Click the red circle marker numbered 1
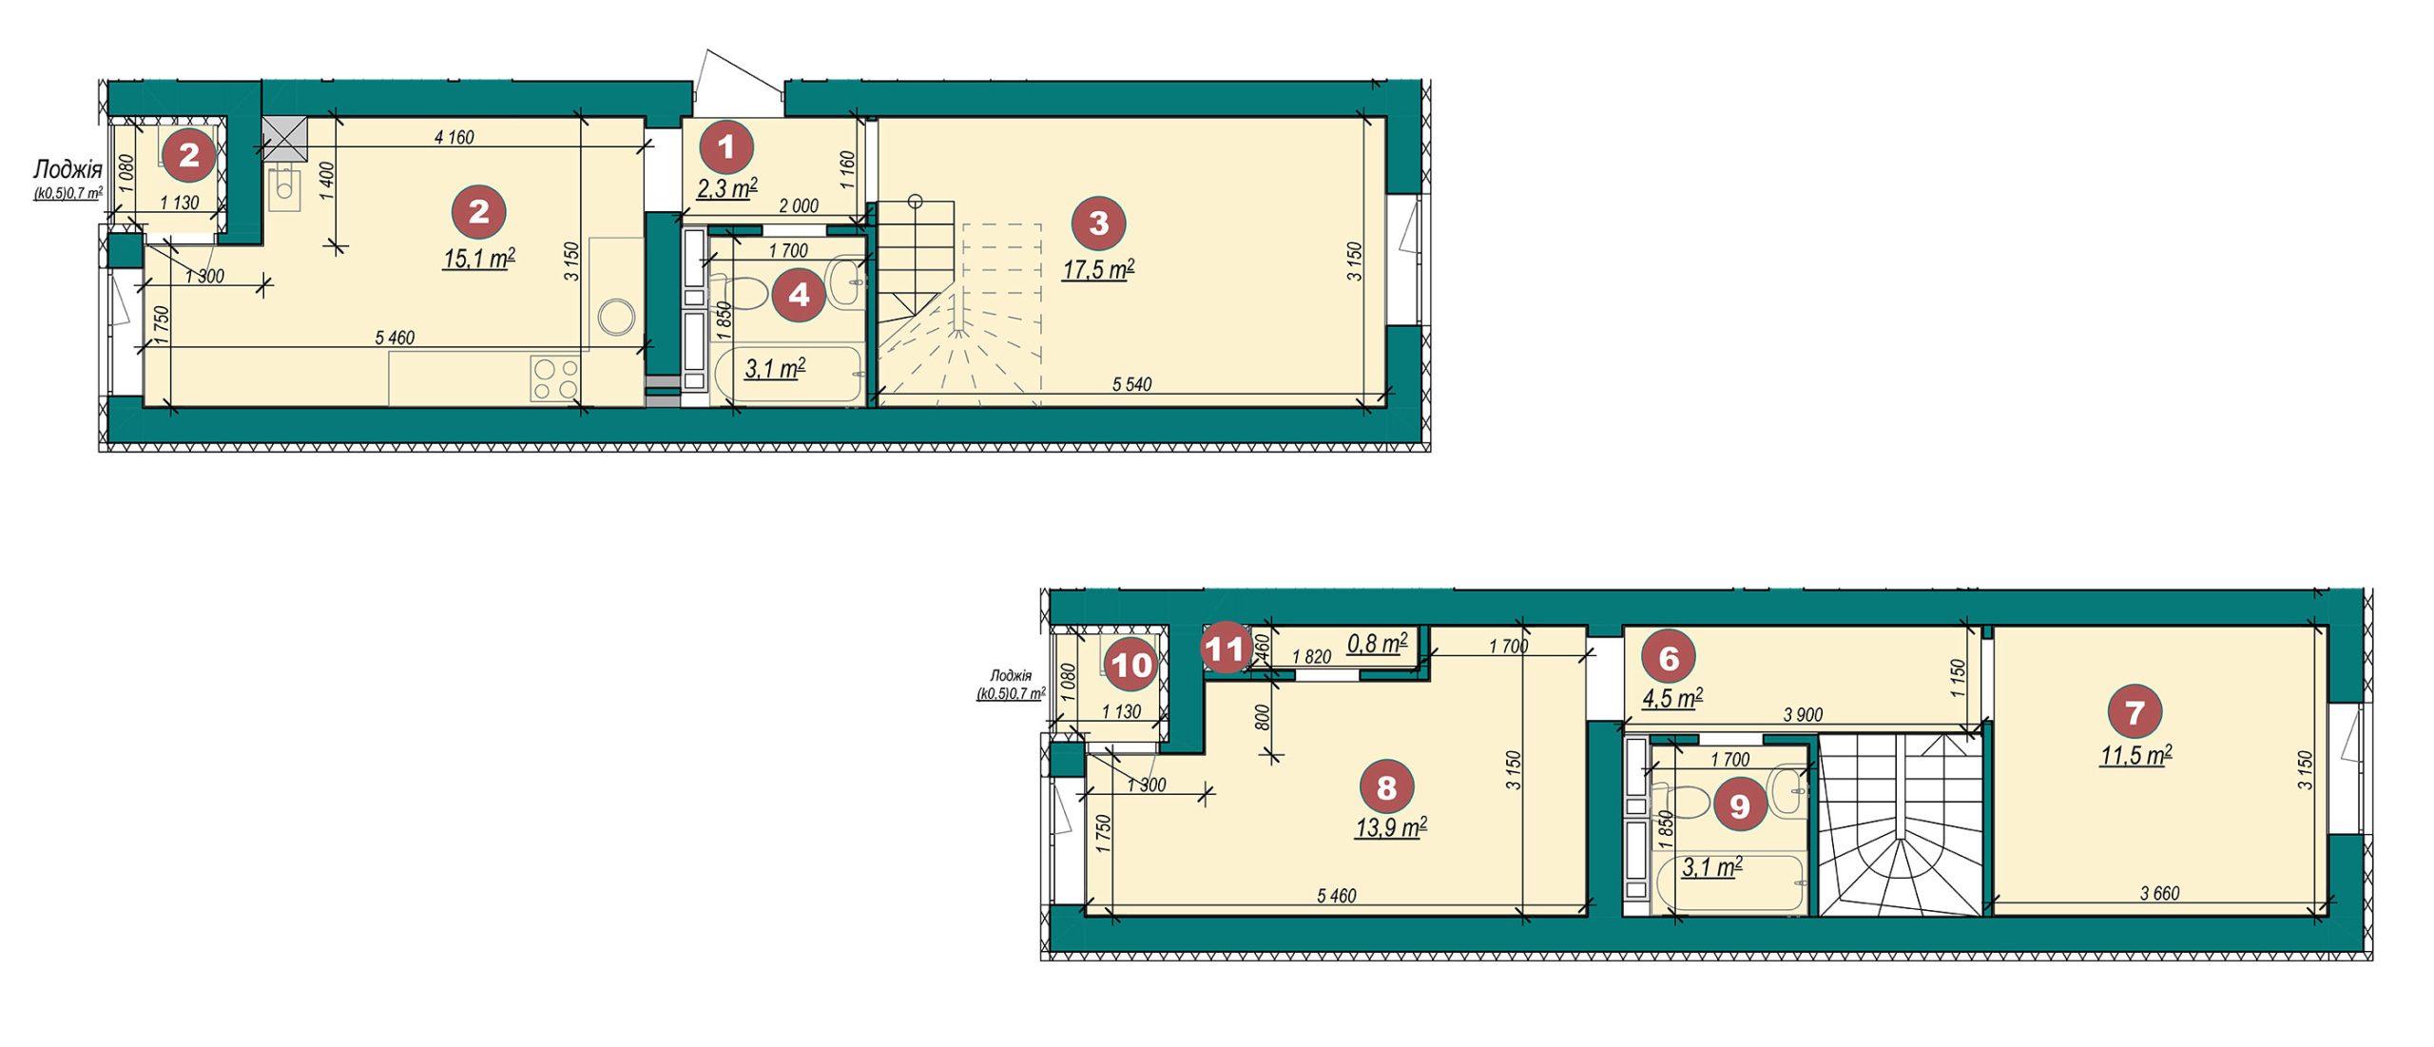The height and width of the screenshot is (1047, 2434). (727, 147)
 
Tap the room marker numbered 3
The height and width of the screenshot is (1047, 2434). (1098, 223)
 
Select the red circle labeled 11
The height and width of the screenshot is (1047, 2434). (1225, 649)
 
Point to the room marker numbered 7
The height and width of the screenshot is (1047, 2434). (2135, 712)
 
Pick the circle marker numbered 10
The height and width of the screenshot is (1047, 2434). (1131, 665)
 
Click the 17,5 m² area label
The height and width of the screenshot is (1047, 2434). (1098, 270)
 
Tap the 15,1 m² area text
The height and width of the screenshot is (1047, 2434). (479, 258)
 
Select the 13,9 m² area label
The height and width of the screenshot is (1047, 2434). (1391, 827)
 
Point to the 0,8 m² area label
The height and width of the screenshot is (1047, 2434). (1378, 644)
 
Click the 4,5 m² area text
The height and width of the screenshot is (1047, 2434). (1672, 698)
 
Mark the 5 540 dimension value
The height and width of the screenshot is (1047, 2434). (1131, 384)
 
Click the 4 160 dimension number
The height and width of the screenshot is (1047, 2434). (454, 138)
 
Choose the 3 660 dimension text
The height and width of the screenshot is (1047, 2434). (2160, 894)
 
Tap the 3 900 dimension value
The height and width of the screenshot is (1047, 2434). (1803, 715)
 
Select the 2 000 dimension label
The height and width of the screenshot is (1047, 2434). (799, 206)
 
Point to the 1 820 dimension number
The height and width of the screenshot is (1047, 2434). (1311, 657)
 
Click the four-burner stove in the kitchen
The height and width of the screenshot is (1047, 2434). (555, 378)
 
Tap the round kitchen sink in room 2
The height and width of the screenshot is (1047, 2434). (617, 317)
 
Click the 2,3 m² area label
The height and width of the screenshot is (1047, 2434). (727, 188)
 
